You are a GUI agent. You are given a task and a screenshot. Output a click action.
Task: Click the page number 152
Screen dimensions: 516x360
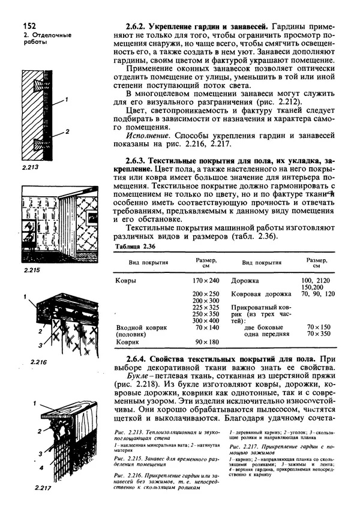click(x=30, y=26)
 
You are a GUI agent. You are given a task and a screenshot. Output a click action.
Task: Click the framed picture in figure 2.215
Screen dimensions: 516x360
click(x=95, y=217)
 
